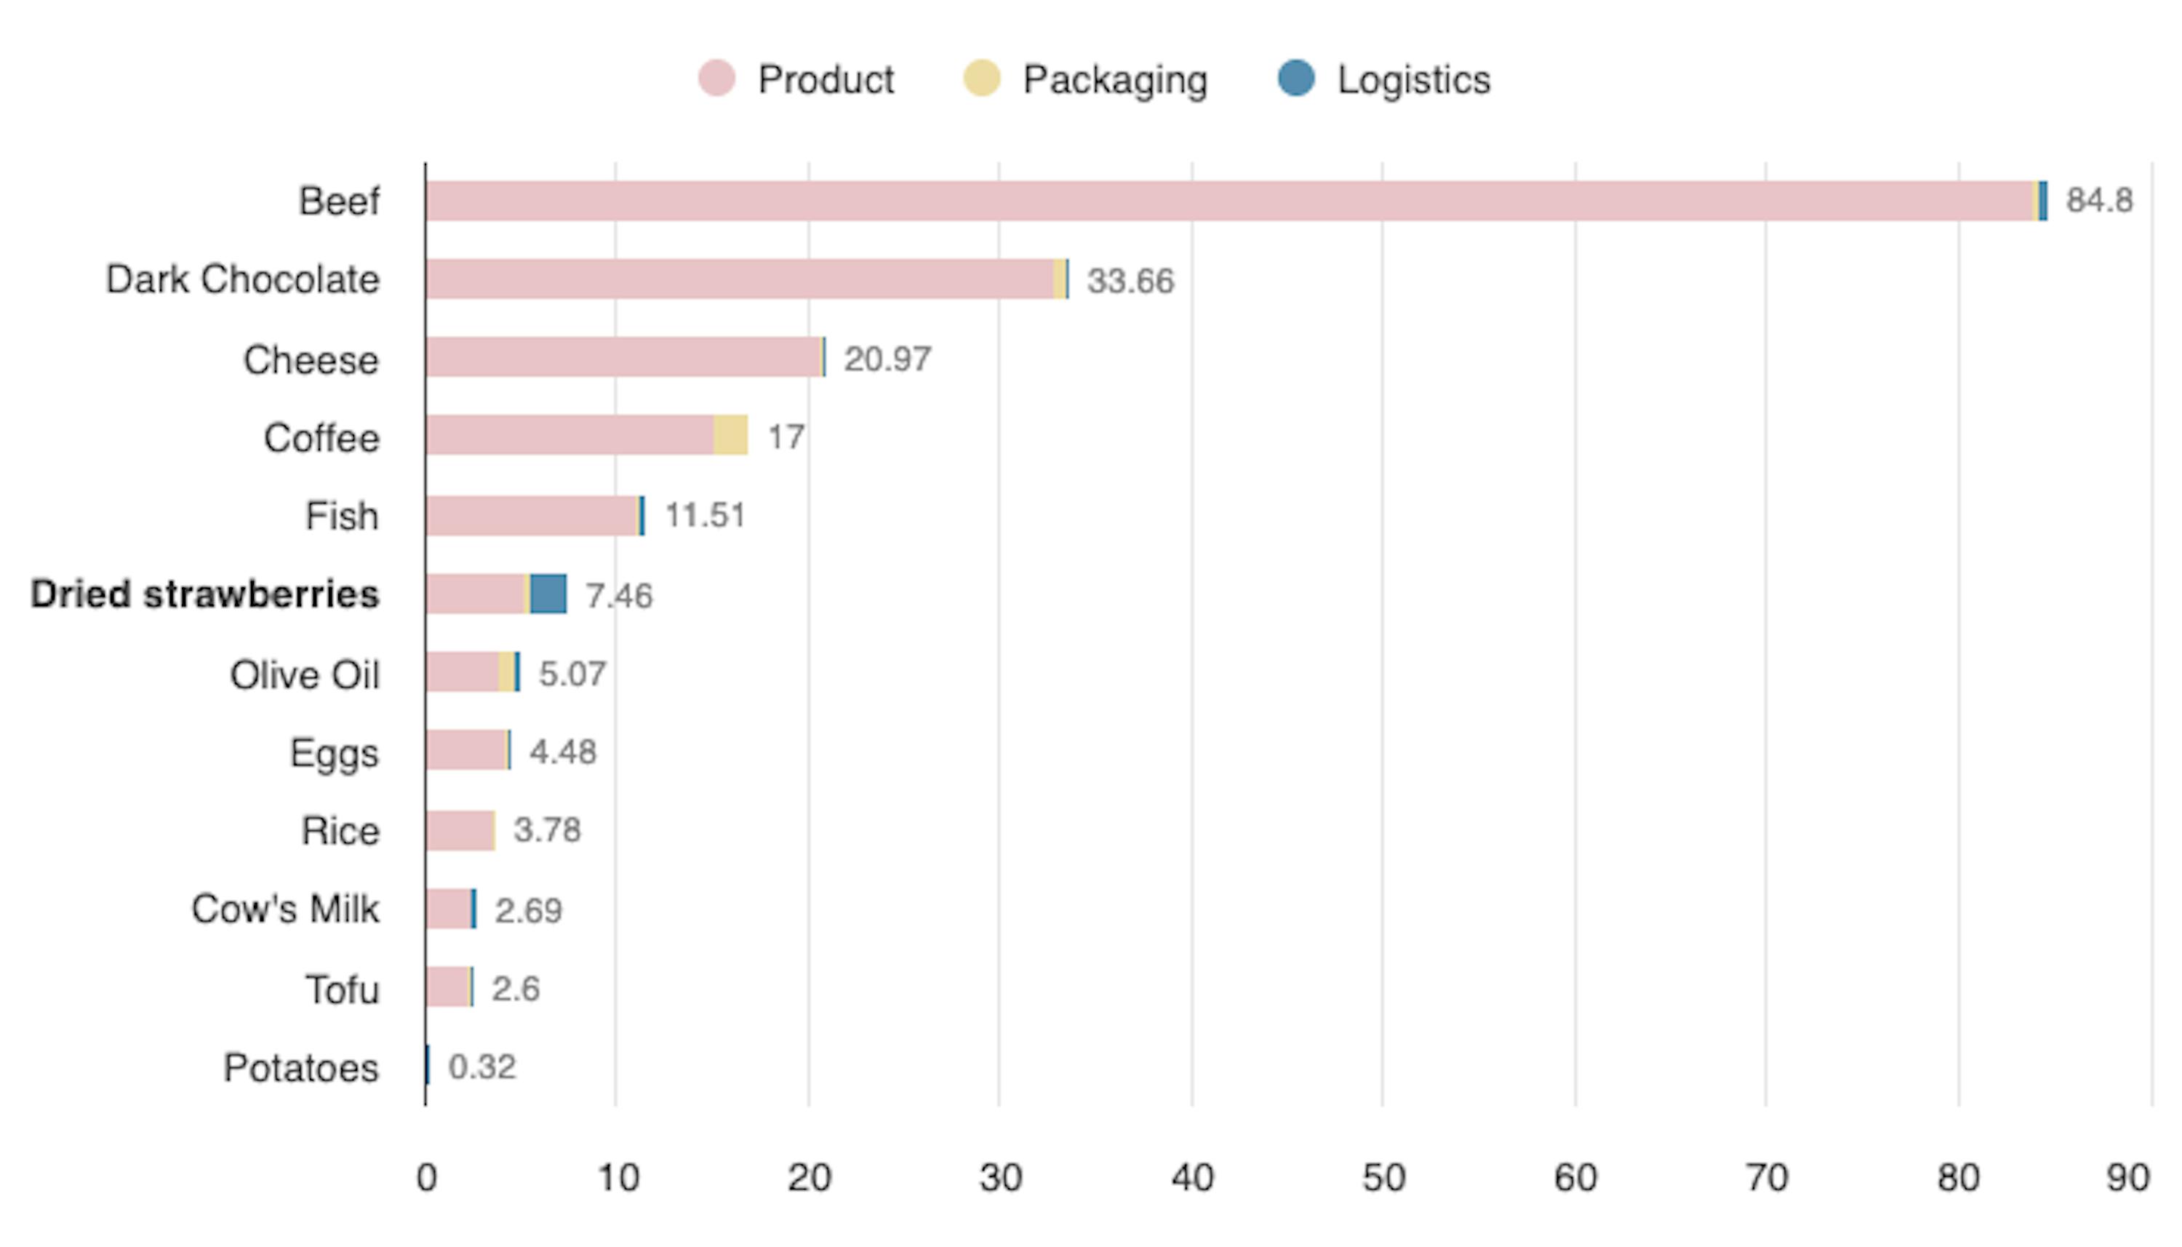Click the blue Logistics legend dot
[x=1295, y=79]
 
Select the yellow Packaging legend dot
[x=981, y=79]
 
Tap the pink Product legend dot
[x=716, y=79]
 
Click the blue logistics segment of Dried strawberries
[x=548, y=594]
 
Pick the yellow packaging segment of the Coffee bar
[x=730, y=435]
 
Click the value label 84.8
[x=2099, y=200]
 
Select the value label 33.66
[x=1130, y=281]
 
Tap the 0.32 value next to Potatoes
[x=482, y=1067]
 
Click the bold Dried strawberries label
[x=204, y=594]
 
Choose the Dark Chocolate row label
[x=242, y=279]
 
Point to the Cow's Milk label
[x=285, y=909]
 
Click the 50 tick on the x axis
[x=1383, y=1179]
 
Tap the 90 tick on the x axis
[x=2127, y=1179]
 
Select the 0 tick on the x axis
[x=426, y=1179]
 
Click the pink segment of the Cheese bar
[x=623, y=357]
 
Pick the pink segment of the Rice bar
[x=459, y=831]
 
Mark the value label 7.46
[x=618, y=595]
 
